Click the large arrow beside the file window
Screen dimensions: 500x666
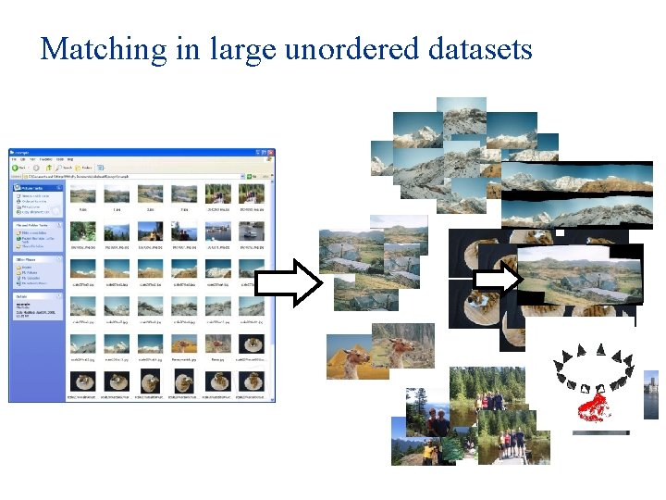287,281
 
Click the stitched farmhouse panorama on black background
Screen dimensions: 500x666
578,274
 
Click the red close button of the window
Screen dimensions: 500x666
270,151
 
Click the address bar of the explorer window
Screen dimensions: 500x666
129,175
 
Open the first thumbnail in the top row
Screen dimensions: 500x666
84,194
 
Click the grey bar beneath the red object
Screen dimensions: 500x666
600,432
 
